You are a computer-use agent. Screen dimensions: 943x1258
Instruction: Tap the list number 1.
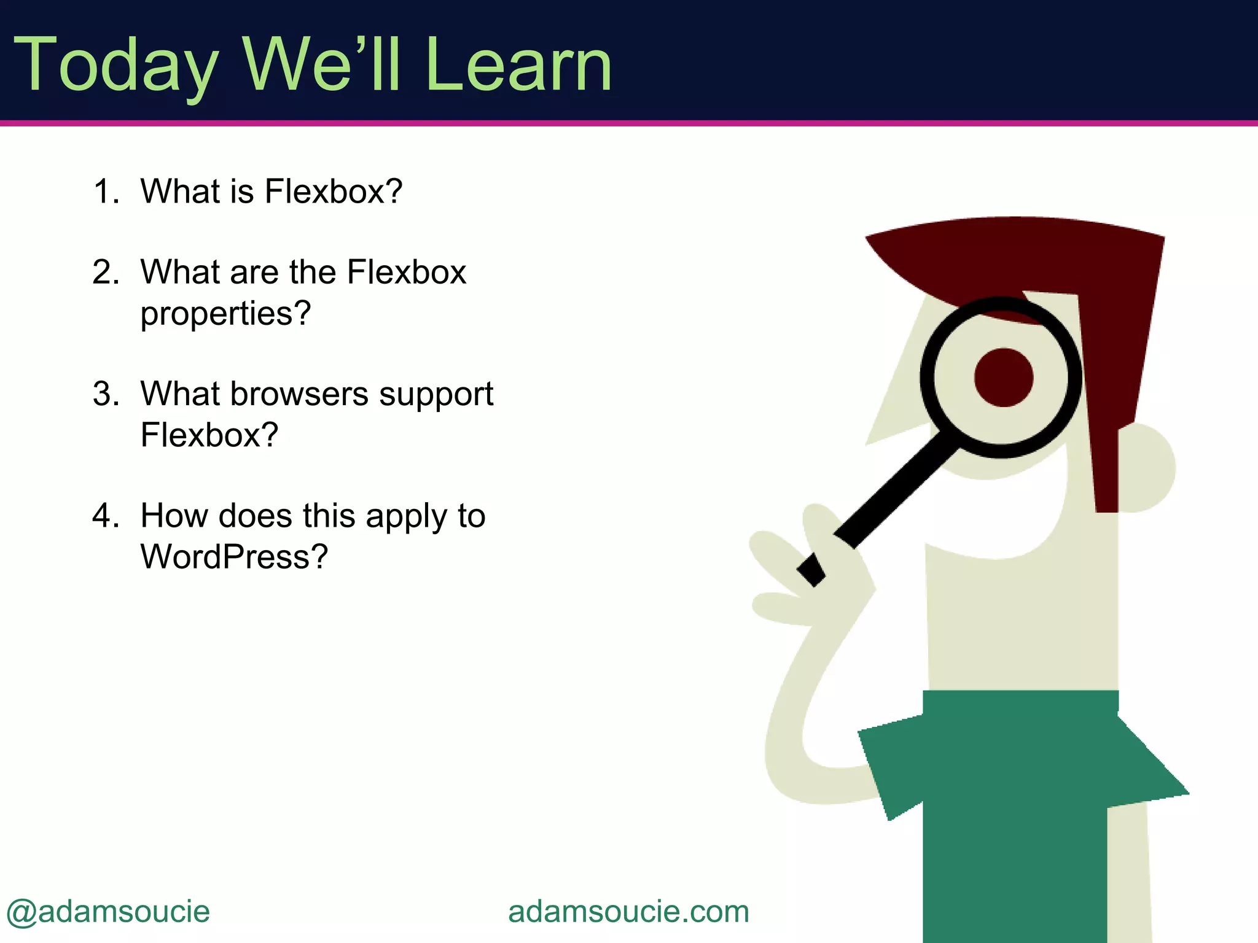(104, 191)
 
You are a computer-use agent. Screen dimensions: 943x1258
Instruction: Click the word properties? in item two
(225, 314)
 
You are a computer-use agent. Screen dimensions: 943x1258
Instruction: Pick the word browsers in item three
(299, 394)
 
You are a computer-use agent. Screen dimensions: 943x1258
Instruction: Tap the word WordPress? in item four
(234, 557)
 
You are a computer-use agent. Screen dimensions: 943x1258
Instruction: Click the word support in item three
(436, 395)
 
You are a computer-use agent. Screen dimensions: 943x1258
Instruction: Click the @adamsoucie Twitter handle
(108, 912)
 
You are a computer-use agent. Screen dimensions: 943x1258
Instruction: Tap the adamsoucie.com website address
(628, 912)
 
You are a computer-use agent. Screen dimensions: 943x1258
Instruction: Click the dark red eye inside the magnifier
(1003, 378)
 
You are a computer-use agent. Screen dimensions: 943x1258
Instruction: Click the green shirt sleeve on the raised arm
(891, 767)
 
